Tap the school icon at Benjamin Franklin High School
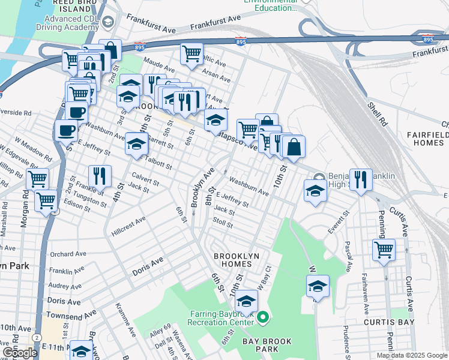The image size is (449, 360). coord(314,190)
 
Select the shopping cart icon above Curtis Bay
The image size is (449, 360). coord(384,248)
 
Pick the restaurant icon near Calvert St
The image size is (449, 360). coord(99,176)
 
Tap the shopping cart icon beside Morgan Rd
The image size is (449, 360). coord(37,179)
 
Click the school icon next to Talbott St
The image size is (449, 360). coord(137,144)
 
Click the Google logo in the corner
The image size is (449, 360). coord(19,352)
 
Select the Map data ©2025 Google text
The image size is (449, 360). coord(411,355)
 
